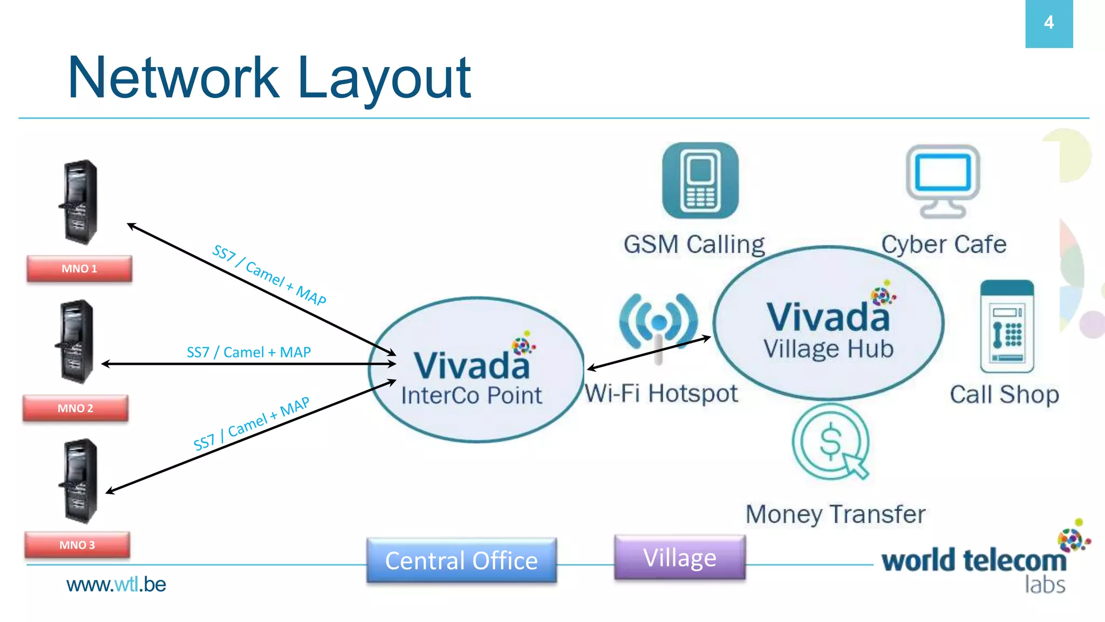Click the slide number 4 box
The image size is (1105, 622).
(x=1048, y=23)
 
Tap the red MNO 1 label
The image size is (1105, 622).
(x=79, y=269)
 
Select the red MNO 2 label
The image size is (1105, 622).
(x=76, y=408)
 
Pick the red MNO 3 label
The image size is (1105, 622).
(x=77, y=545)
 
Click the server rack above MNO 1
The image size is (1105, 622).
(x=80, y=202)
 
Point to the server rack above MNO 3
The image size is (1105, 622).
(x=80, y=481)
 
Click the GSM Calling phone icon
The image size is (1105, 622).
(x=700, y=181)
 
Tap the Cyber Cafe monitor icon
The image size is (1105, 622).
(x=943, y=181)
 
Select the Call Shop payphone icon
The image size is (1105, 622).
(x=1007, y=327)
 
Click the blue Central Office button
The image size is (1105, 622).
(x=461, y=560)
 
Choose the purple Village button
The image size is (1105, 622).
(x=680, y=558)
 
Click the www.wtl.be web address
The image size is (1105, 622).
(x=116, y=584)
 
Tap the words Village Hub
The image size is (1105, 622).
(x=828, y=349)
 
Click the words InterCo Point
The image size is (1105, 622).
(x=471, y=395)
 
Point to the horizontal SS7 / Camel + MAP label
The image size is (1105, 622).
(x=249, y=353)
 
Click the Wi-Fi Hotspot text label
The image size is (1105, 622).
(x=661, y=394)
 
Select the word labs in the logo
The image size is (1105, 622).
(x=1045, y=585)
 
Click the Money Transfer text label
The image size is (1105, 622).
(x=835, y=514)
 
